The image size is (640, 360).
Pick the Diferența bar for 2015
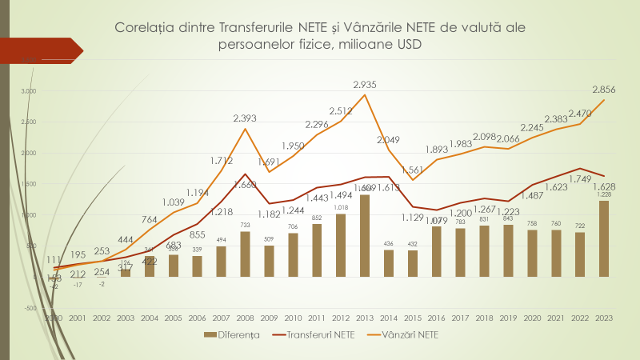pos(413,263)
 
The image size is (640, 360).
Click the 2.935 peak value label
pos(364,84)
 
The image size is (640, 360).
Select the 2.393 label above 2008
pos(245,118)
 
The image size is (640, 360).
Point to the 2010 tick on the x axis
pos(293,318)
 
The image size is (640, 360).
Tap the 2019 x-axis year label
pos(509,318)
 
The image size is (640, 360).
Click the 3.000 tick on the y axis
pos(29,91)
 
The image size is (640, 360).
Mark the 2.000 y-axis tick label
pos(29,153)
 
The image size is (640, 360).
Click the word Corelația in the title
pos(148,28)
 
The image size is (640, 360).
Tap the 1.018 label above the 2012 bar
pos(341,207)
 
